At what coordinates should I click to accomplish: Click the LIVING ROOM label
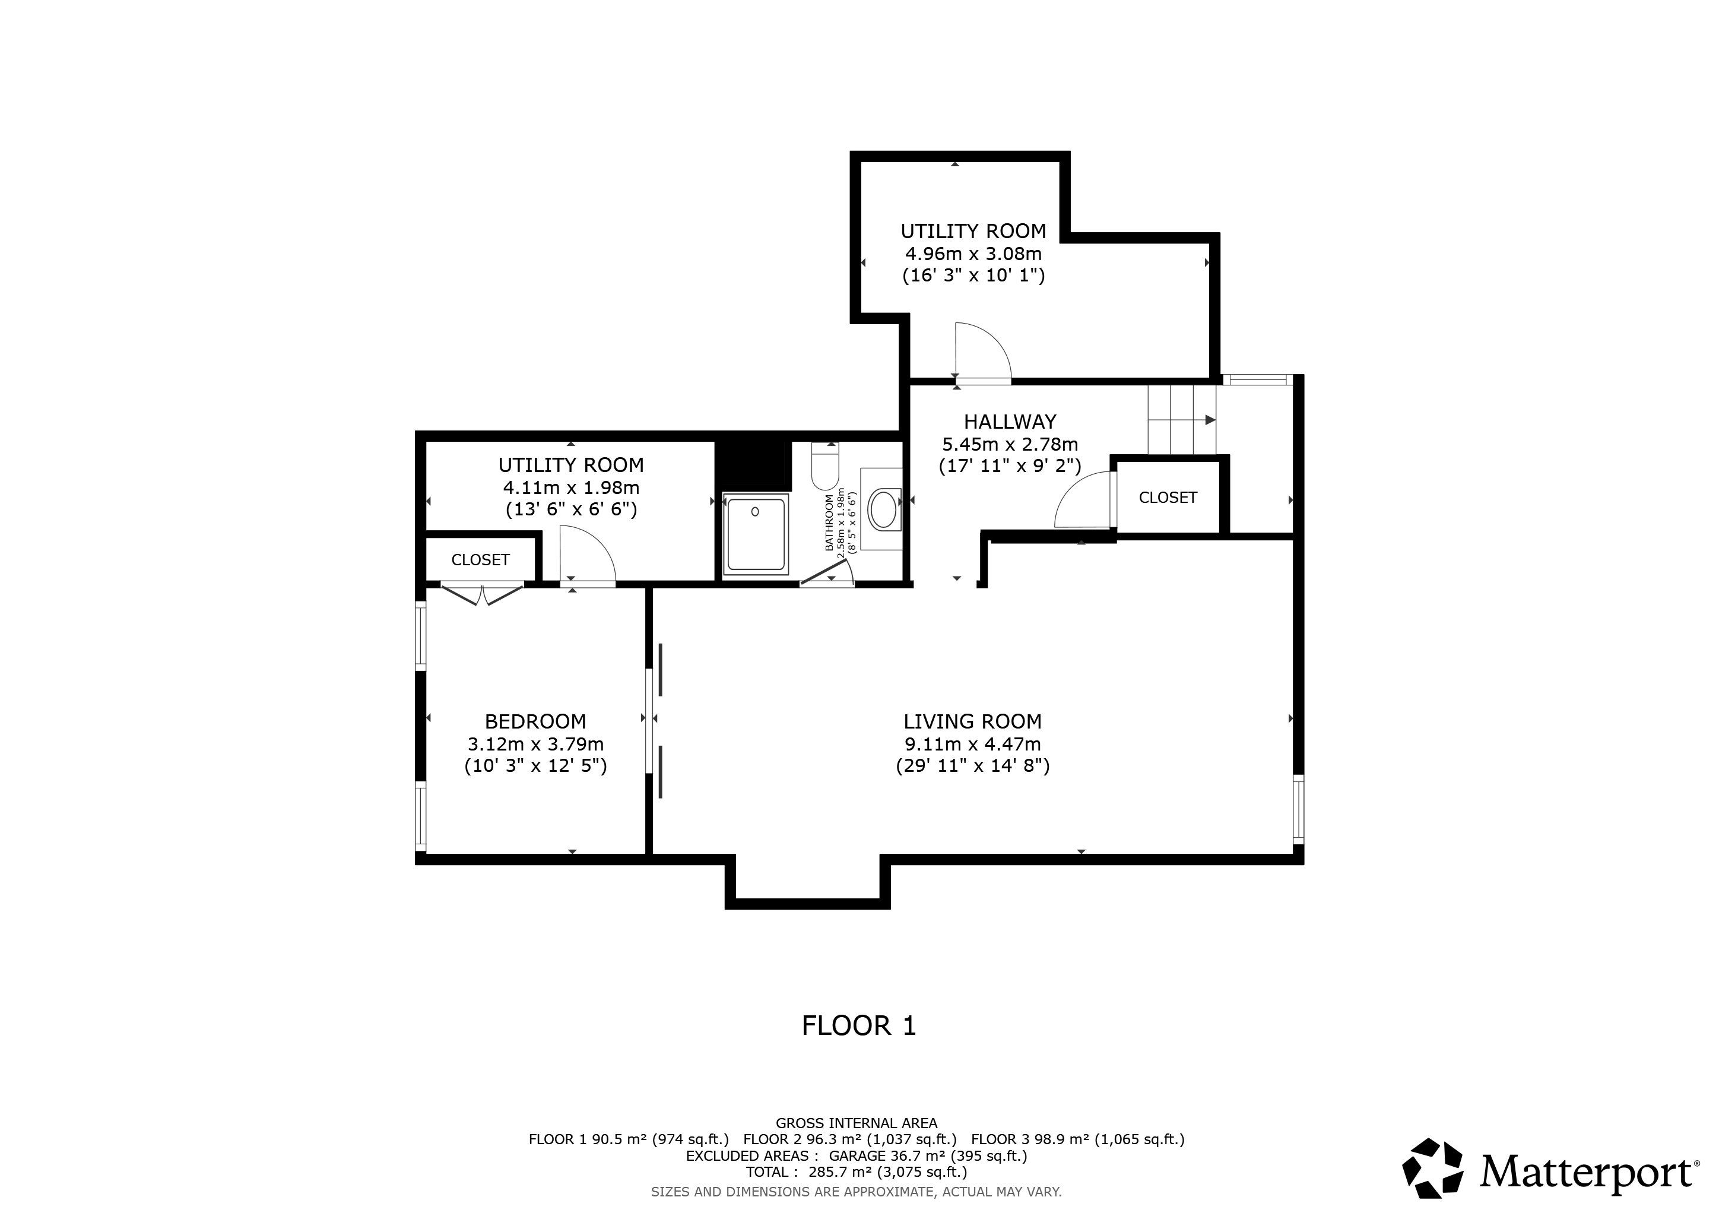click(x=972, y=722)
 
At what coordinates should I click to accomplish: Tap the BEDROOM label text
click(x=535, y=722)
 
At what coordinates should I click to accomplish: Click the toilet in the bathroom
click(x=826, y=465)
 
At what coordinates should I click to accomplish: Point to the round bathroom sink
click(x=885, y=510)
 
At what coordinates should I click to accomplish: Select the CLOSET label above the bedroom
click(x=480, y=560)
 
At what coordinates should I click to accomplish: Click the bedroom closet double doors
click(x=481, y=594)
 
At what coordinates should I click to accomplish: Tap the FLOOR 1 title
click(x=859, y=1026)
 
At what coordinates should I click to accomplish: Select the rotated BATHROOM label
click(x=830, y=522)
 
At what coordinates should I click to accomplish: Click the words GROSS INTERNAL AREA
click(x=856, y=1123)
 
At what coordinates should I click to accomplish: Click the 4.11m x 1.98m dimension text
click(x=571, y=488)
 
